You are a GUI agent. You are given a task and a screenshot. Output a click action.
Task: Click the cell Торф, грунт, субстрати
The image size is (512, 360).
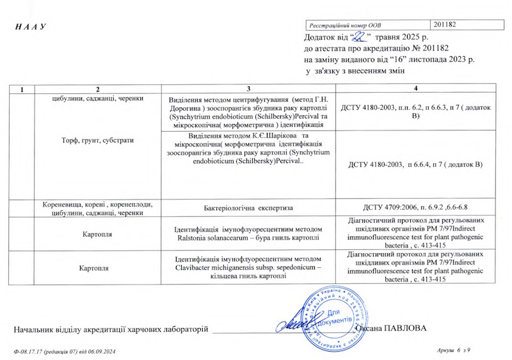(x=98, y=139)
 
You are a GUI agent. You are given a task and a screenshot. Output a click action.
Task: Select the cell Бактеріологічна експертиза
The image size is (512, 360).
(x=249, y=208)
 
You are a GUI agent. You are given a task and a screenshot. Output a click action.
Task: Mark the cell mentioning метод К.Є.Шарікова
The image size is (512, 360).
(x=249, y=150)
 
